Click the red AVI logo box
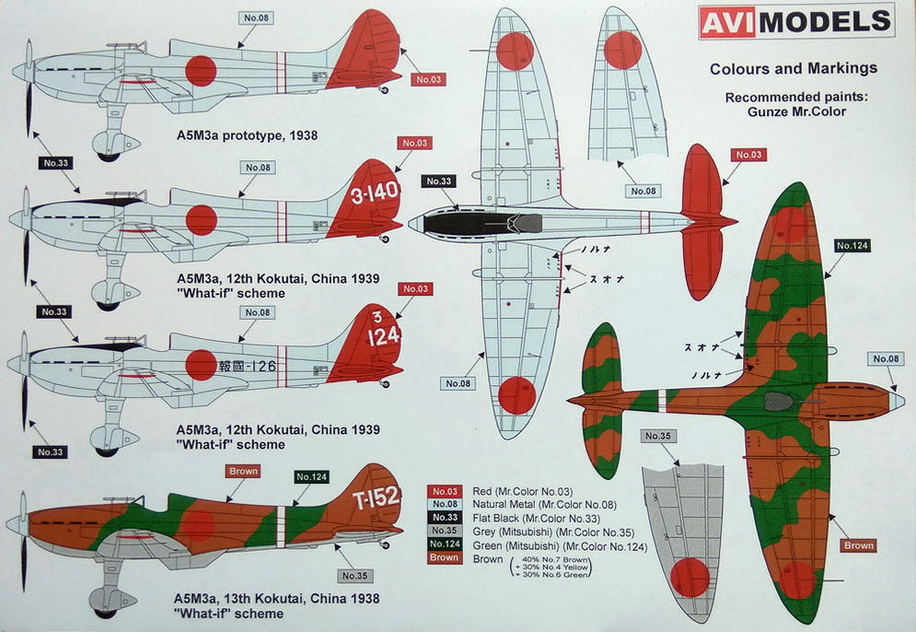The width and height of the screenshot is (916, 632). click(x=727, y=22)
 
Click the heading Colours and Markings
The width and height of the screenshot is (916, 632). click(x=793, y=68)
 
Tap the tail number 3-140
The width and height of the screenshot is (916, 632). click(x=375, y=195)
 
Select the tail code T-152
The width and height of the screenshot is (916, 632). click(x=376, y=497)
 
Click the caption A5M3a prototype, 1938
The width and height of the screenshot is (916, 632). click(x=247, y=135)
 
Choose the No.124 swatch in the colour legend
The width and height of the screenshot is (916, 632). click(x=444, y=545)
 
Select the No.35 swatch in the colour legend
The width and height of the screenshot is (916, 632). click(x=444, y=532)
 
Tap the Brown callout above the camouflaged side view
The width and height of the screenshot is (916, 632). click(x=243, y=471)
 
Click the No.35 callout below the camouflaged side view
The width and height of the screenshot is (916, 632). click(x=355, y=576)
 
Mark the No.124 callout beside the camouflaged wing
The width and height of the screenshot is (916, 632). click(x=852, y=245)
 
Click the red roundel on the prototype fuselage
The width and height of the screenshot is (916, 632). click(x=200, y=69)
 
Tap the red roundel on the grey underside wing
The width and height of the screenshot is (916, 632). click(x=690, y=577)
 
